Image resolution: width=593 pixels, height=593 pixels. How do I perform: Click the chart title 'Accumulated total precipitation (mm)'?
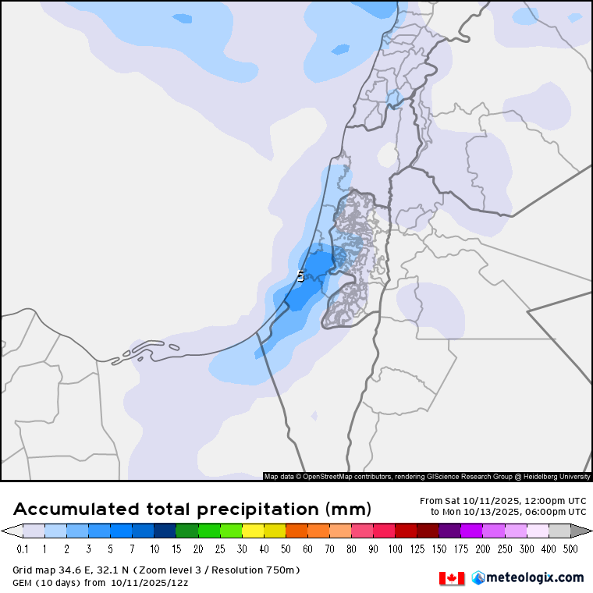(x=192, y=510)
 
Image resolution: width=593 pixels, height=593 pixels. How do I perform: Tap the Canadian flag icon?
(x=452, y=578)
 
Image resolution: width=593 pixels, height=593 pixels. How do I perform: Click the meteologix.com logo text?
(x=534, y=577)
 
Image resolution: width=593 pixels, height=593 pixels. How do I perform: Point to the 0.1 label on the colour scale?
(x=23, y=549)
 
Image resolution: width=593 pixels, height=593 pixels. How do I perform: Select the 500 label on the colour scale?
(x=571, y=549)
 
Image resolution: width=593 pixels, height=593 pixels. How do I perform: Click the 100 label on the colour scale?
(x=396, y=549)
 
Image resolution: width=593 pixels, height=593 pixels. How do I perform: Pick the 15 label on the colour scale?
(x=176, y=549)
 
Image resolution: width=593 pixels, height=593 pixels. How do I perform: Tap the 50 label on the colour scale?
(x=286, y=549)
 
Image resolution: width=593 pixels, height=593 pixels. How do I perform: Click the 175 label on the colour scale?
(x=461, y=549)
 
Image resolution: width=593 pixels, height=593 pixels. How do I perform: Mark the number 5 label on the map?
(x=301, y=276)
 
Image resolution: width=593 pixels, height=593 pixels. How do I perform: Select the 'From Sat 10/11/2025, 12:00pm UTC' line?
(x=502, y=501)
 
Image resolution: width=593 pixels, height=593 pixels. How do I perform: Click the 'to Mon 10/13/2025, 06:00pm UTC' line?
(x=508, y=512)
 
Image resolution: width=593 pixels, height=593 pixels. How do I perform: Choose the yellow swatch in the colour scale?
(x=253, y=531)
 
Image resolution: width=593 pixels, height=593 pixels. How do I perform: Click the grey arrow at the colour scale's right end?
(x=582, y=531)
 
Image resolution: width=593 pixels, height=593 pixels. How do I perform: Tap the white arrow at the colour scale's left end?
(x=11, y=531)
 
